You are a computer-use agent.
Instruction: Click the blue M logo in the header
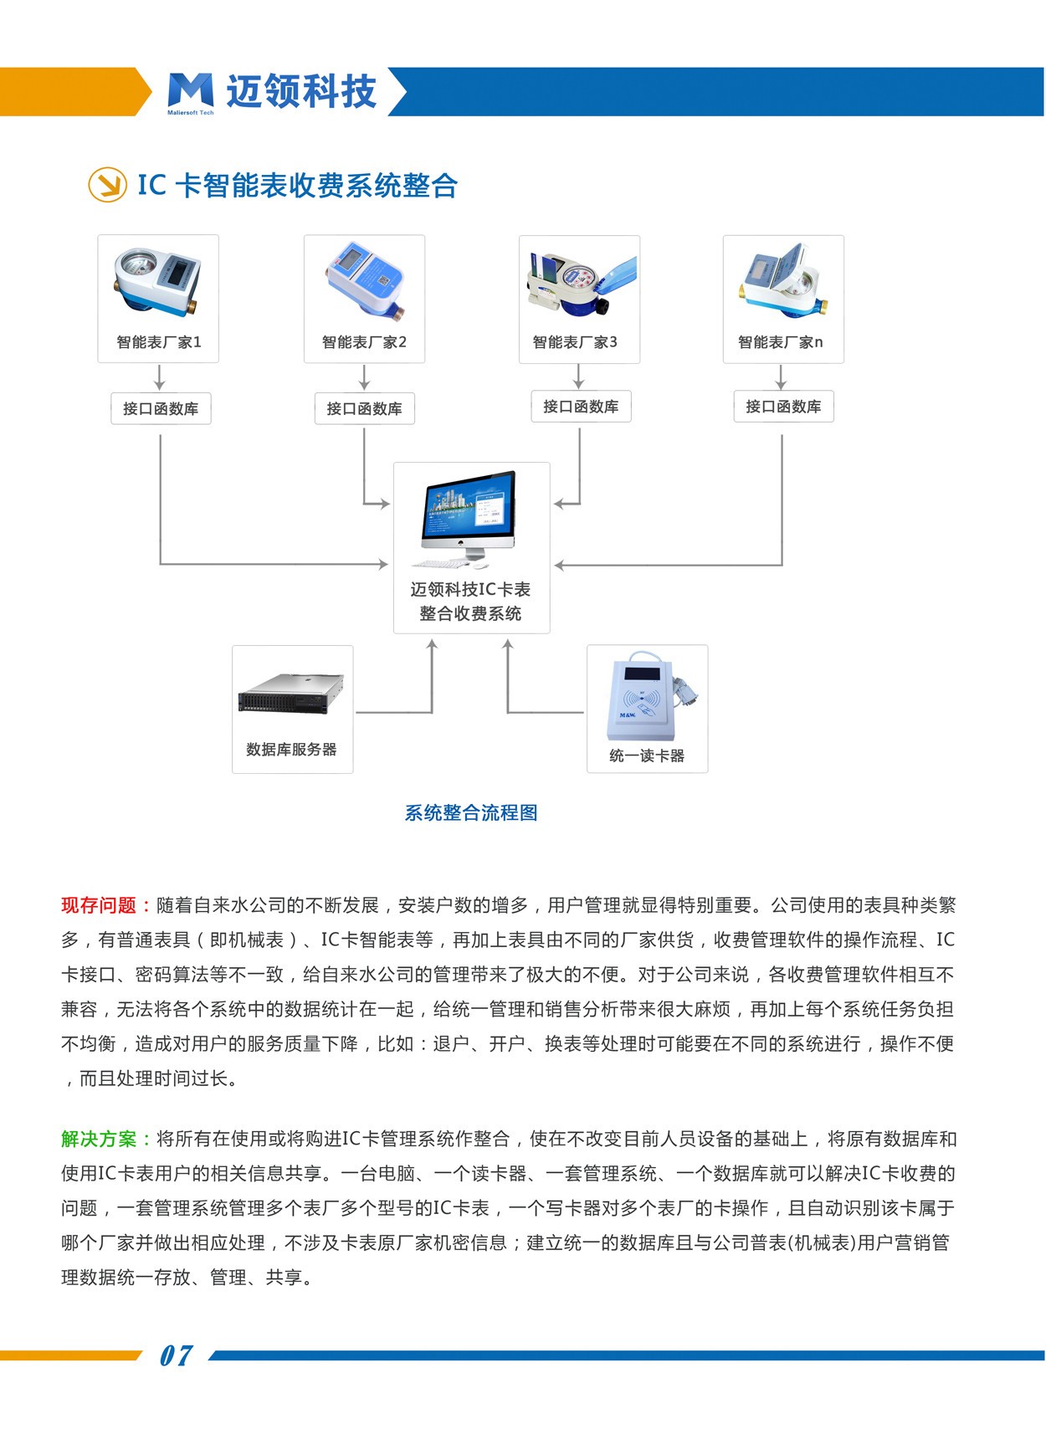[190, 90]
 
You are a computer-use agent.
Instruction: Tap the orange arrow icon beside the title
[107, 185]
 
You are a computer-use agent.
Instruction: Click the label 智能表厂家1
[159, 342]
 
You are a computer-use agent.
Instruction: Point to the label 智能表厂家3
[575, 342]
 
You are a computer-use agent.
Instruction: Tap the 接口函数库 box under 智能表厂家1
[161, 409]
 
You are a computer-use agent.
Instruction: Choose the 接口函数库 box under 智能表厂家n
[783, 407]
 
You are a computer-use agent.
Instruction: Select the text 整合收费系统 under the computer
[470, 613]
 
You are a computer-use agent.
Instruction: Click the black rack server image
[291, 693]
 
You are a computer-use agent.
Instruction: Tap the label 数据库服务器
[291, 750]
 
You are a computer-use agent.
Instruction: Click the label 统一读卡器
[647, 755]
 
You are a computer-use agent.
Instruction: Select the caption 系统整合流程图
[471, 812]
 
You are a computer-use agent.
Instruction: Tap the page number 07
[176, 1355]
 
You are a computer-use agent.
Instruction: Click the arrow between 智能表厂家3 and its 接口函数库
[579, 377]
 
